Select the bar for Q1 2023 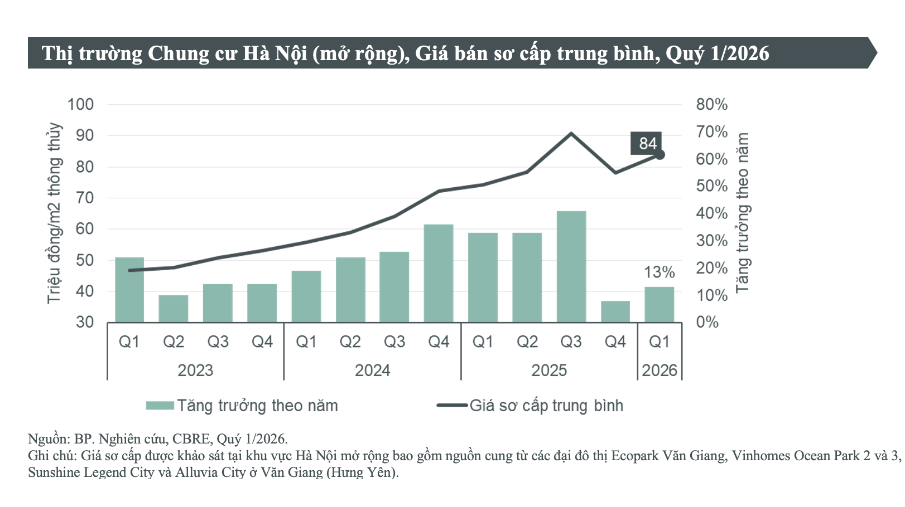(129, 290)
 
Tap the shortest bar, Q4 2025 (615, 311)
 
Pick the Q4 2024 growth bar (439, 273)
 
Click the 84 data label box (646, 143)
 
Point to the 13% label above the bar (659, 272)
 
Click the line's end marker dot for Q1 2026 (660, 155)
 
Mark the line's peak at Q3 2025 (571, 134)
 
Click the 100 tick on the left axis (80, 104)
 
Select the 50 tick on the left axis (84, 260)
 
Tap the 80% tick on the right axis (711, 104)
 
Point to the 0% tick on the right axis (707, 322)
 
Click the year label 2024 (372, 370)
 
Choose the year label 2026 (659, 370)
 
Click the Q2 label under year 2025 (527, 342)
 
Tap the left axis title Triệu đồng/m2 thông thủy (54, 213)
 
